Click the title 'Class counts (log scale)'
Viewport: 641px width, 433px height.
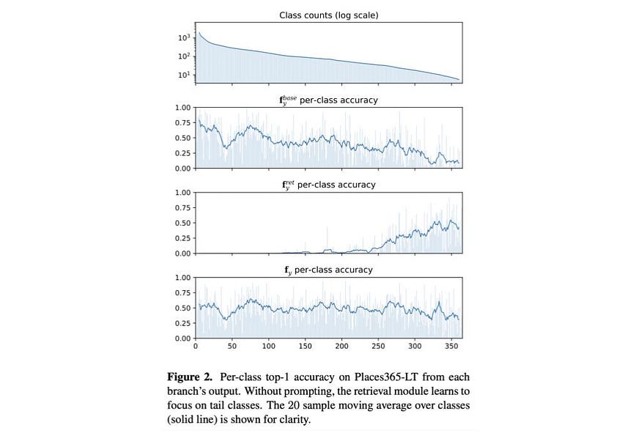(x=329, y=15)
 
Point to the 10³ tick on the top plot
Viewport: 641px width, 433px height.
(x=185, y=37)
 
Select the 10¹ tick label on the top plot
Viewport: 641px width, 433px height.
(x=185, y=75)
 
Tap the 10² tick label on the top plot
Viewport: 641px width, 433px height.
(x=185, y=56)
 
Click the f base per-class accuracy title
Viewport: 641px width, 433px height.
(x=329, y=100)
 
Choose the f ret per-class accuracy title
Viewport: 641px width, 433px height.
(x=329, y=185)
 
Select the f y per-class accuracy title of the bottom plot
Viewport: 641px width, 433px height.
(x=329, y=270)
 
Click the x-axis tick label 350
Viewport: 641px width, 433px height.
(x=451, y=346)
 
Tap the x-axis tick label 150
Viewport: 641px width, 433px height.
(x=305, y=346)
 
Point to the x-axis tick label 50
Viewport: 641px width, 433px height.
(x=232, y=346)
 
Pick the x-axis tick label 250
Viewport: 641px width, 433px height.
(x=378, y=346)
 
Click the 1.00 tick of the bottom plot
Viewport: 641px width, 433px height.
(x=182, y=278)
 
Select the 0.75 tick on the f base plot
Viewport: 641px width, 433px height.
(x=182, y=123)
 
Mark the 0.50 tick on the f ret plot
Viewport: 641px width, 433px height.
(x=182, y=223)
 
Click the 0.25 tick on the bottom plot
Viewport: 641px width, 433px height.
(x=182, y=323)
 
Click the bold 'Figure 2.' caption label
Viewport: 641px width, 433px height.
(x=190, y=377)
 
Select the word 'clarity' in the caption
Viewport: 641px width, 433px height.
(x=294, y=420)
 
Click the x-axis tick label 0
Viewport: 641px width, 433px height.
(x=196, y=346)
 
